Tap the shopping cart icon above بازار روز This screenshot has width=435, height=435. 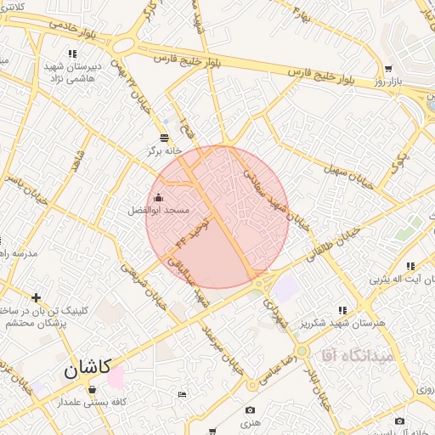click(x=388, y=70)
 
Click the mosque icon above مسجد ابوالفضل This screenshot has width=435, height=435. click(x=158, y=198)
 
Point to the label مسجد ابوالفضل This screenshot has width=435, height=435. click(x=159, y=209)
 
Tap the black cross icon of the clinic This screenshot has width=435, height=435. click(x=36, y=297)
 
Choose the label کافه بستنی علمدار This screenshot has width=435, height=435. click(x=92, y=401)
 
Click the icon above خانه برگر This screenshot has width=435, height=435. click(x=165, y=138)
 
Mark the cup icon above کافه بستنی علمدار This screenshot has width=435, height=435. click(x=92, y=389)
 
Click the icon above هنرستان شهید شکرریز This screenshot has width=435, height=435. click(x=343, y=311)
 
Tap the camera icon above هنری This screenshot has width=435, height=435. click(x=250, y=410)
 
